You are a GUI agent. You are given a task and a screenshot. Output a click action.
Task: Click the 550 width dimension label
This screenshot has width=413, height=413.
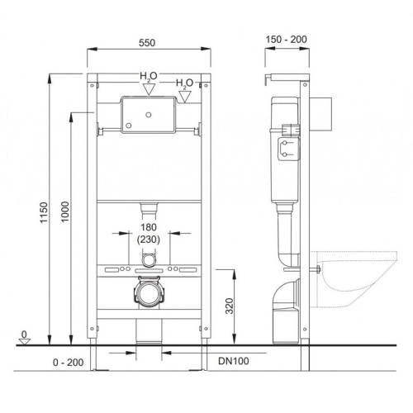147,43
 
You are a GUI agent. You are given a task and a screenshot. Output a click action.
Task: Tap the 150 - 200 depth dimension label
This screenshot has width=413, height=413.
286,40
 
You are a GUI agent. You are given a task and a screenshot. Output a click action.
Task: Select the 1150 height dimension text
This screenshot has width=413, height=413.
44,212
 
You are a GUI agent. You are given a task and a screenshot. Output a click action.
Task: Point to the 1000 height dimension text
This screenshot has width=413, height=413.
64,212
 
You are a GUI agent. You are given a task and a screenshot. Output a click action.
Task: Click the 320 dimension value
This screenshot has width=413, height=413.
229,306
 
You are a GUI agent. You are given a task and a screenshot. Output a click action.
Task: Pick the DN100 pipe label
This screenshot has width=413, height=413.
234,361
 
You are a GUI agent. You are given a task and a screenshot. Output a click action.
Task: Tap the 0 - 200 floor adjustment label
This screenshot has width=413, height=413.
68,363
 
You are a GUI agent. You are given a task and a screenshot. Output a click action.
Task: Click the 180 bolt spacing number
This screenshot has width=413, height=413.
149,227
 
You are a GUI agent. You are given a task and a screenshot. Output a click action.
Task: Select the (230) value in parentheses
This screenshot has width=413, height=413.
149,240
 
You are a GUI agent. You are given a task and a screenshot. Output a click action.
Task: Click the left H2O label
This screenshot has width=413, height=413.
149,76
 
